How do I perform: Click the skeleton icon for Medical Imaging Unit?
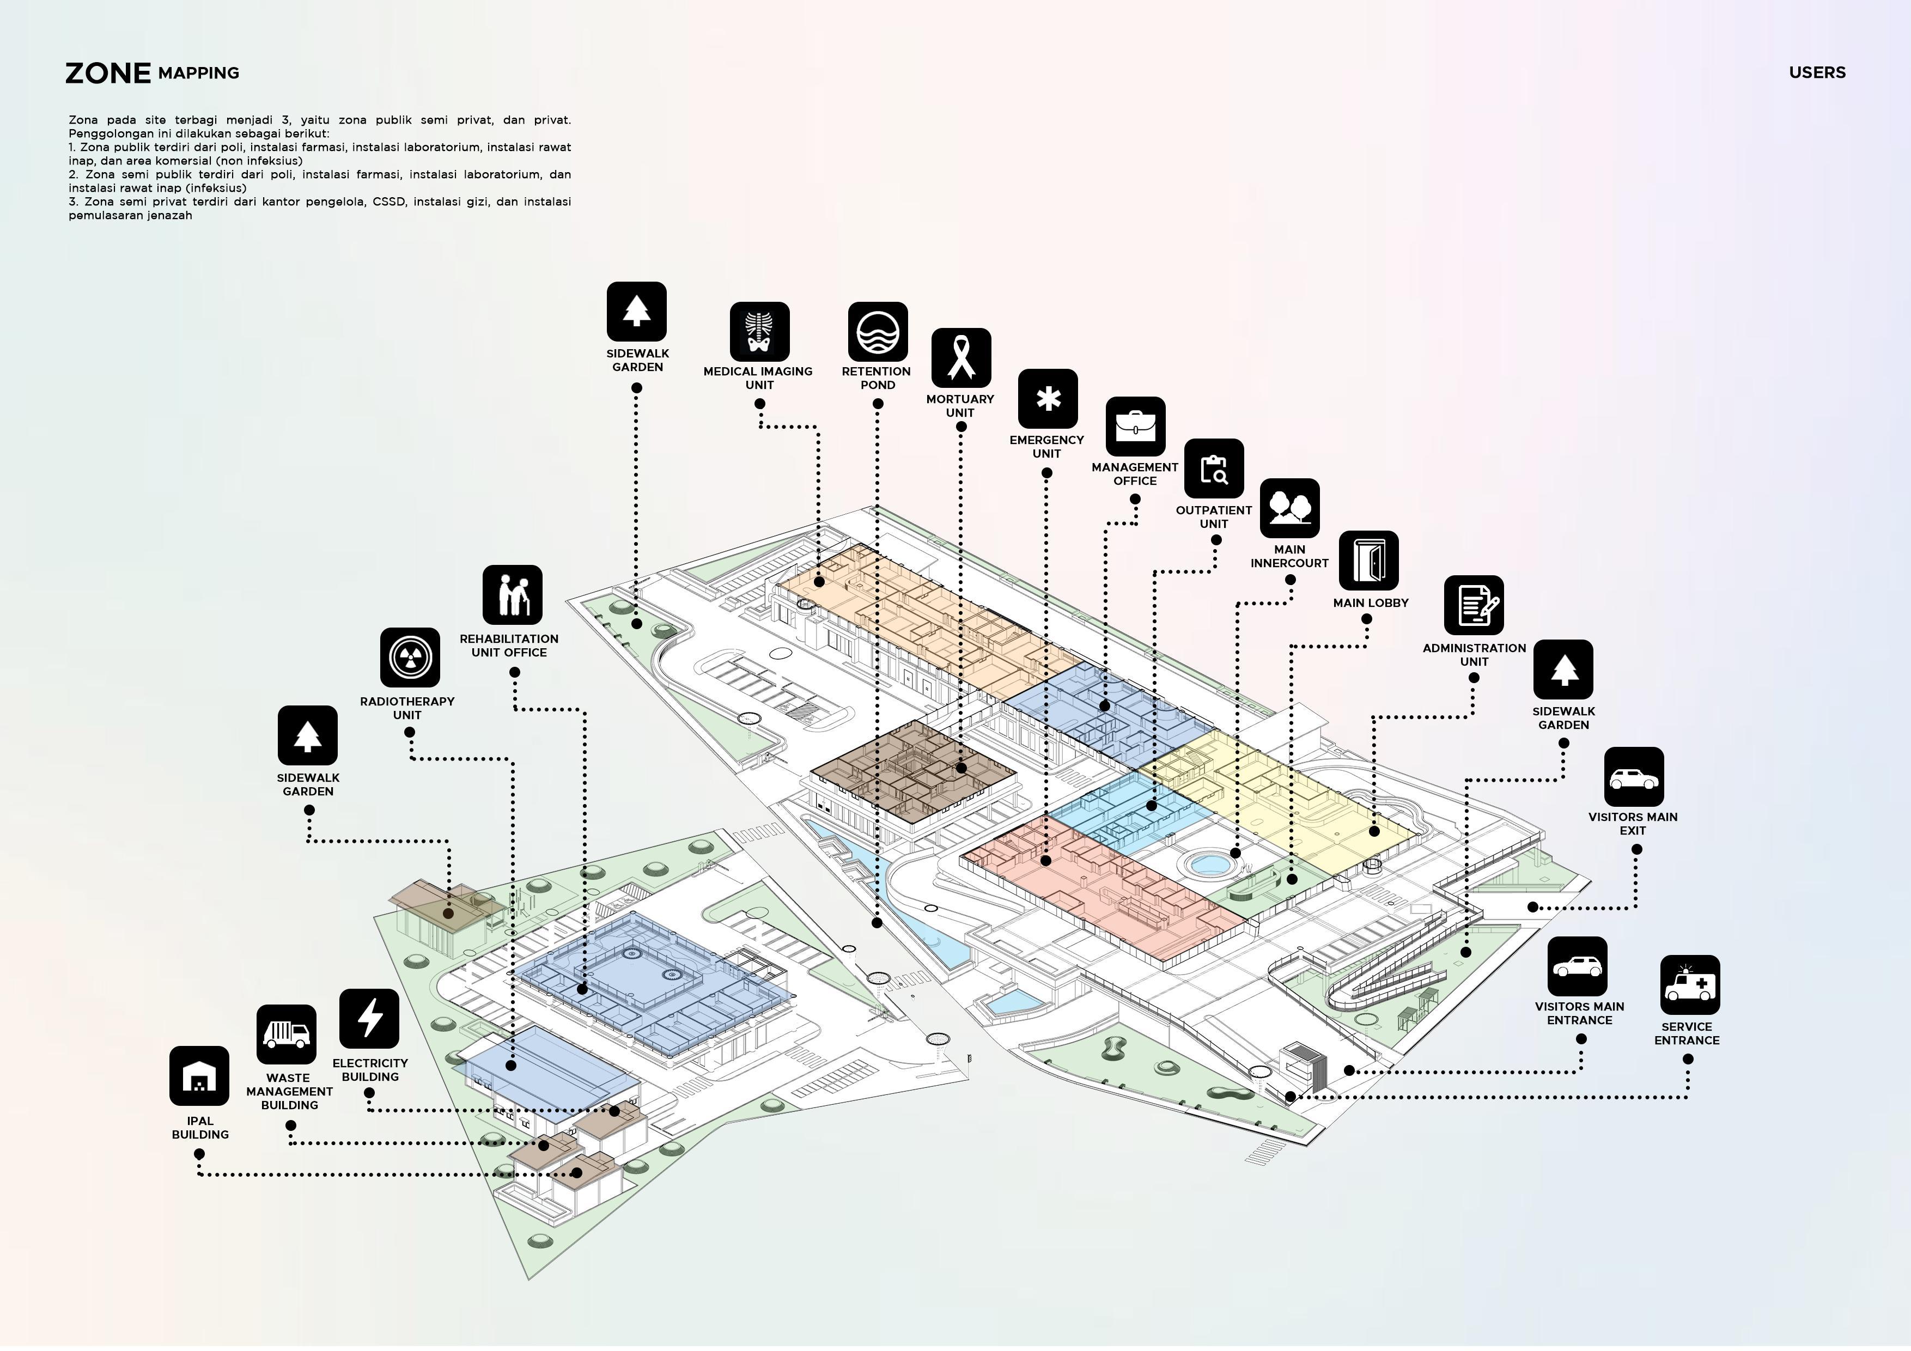point(759,331)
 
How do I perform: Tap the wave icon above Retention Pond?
point(877,331)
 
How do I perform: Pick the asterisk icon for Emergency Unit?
point(1048,399)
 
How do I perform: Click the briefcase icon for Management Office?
point(1135,426)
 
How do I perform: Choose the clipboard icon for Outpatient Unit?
point(1214,468)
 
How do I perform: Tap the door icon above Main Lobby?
point(1368,560)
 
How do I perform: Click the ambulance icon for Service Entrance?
point(1690,985)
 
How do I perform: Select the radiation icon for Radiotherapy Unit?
point(410,658)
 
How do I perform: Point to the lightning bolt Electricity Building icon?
point(369,1018)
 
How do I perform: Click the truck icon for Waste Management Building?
point(287,1034)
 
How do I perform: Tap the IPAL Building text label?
point(200,1128)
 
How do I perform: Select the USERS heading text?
point(1817,72)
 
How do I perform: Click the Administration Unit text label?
point(1474,654)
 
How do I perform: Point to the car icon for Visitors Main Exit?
point(1634,777)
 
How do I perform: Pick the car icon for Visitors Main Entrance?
point(1577,966)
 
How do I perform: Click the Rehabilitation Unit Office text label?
point(509,645)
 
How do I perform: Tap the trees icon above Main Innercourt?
point(1289,508)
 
